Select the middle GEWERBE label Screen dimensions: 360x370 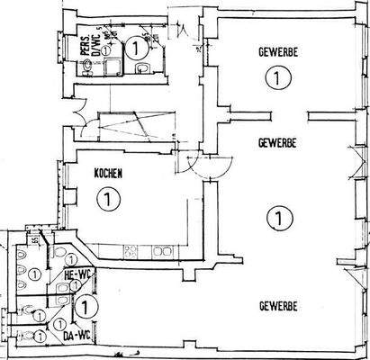pyautogui.click(x=277, y=142)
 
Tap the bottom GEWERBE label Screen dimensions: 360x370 pyautogui.click(x=277, y=307)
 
